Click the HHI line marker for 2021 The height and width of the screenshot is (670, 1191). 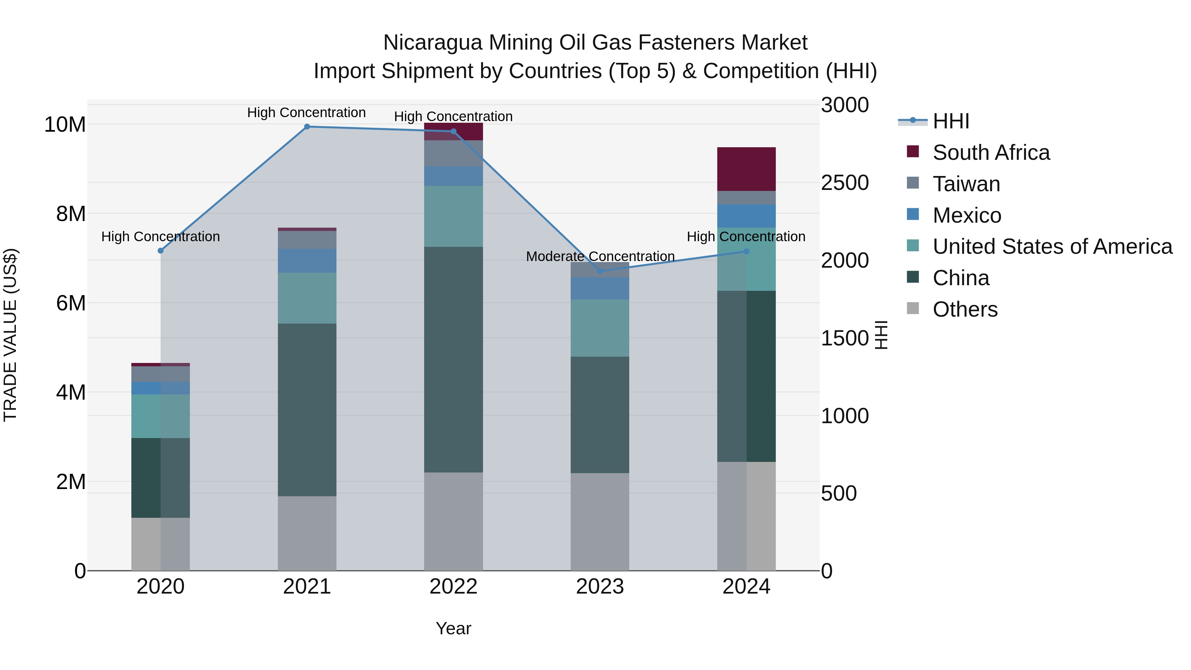point(307,126)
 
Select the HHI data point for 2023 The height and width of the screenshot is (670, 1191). point(600,271)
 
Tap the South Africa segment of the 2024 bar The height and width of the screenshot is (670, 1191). point(746,169)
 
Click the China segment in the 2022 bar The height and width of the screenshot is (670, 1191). point(453,359)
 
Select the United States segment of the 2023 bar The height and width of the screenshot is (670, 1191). point(600,328)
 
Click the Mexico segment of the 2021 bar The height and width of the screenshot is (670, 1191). point(307,260)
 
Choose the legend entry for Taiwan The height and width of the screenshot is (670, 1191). point(966,184)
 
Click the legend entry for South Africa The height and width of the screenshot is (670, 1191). point(991,153)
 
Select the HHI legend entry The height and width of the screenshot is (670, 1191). point(950,121)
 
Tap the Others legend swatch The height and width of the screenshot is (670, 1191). point(913,308)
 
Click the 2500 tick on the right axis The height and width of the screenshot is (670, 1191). point(845,183)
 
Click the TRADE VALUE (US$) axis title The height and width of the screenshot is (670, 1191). point(10,335)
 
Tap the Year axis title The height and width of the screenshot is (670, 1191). point(453,628)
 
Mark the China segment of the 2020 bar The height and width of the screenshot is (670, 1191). point(160,478)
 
